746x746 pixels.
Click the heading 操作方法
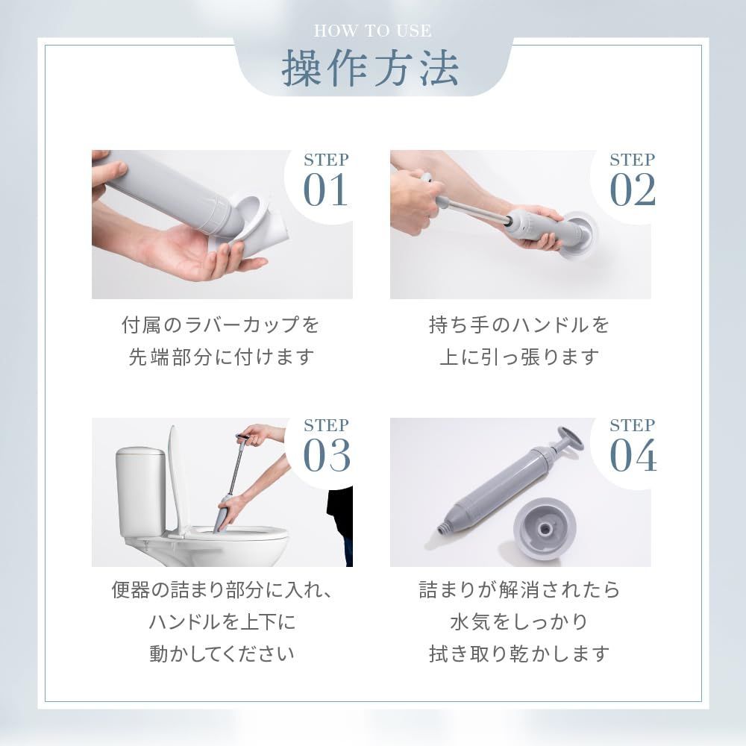pyautogui.click(x=371, y=69)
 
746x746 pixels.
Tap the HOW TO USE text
pyautogui.click(x=372, y=31)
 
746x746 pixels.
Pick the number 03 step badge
pyautogui.click(x=326, y=447)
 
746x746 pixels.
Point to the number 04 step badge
pyautogui.click(x=633, y=447)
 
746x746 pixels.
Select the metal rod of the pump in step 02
pyautogui.click(x=470, y=210)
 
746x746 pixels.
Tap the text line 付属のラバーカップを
pyautogui.click(x=221, y=325)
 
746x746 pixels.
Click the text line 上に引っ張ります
pyautogui.click(x=519, y=357)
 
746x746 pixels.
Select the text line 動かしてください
pyautogui.click(x=222, y=654)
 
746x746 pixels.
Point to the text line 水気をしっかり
pyautogui.click(x=519, y=622)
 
